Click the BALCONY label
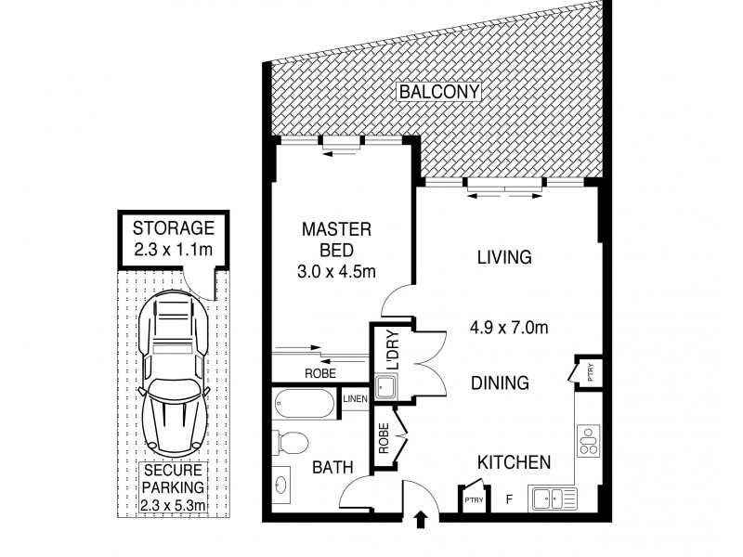click(439, 91)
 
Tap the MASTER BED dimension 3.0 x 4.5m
click(336, 272)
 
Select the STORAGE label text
click(174, 228)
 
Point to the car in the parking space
click(174, 374)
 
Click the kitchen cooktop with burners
click(589, 441)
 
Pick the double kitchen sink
click(554, 499)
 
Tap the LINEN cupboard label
click(355, 399)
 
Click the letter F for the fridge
click(509, 499)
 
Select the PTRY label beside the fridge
click(474, 500)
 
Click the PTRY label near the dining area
click(591, 372)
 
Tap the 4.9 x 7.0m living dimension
click(509, 328)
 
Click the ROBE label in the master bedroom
click(320, 374)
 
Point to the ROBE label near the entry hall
click(384, 438)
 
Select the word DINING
click(500, 382)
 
